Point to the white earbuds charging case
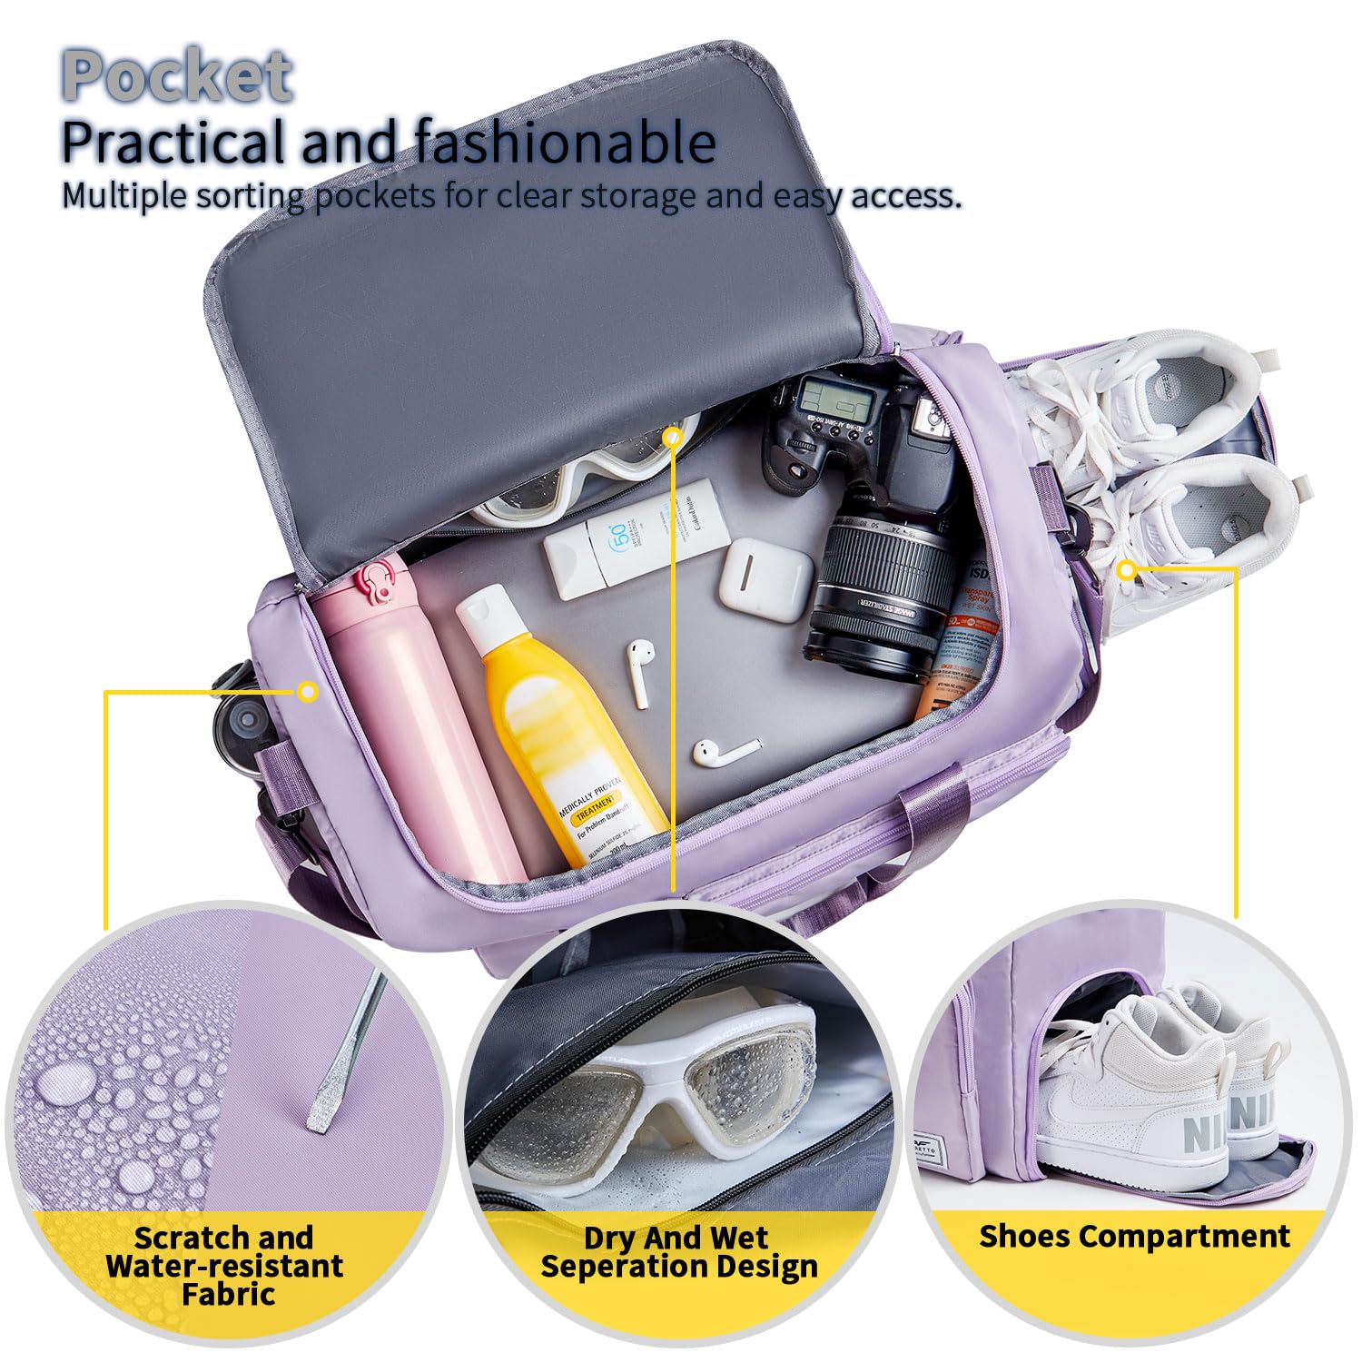[765, 579]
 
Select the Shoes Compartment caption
[1134, 1236]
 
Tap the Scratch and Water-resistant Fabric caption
[224, 1265]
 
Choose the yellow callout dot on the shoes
[1127, 570]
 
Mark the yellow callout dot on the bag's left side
[308, 692]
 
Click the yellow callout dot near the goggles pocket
[672, 438]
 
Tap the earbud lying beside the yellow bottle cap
[640, 672]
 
